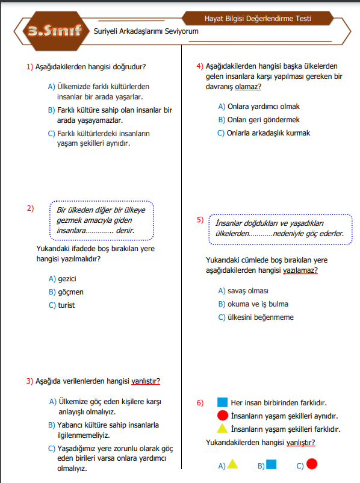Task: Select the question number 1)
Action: point(29,67)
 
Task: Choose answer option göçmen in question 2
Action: point(70,292)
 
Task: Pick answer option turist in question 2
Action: point(66,305)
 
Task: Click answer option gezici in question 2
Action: point(67,279)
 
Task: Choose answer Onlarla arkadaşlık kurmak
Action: point(268,133)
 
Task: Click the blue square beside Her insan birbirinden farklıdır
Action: point(222,402)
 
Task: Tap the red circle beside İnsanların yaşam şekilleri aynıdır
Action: point(222,416)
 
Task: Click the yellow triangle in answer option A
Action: point(232,464)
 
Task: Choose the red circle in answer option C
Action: point(312,464)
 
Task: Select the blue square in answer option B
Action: point(272,464)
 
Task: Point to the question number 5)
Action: point(200,220)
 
